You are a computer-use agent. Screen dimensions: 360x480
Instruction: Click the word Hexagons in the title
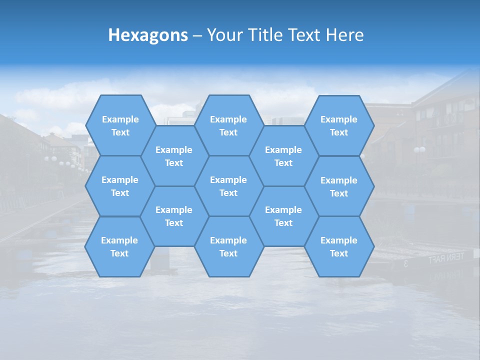click(148, 35)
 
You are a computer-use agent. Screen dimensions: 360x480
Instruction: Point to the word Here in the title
click(344, 35)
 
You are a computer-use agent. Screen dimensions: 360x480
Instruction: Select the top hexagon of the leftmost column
click(120, 125)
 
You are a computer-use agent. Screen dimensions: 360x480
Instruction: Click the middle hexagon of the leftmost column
click(120, 186)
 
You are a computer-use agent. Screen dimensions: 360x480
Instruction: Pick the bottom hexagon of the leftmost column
click(119, 246)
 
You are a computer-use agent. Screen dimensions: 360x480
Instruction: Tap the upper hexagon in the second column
click(174, 156)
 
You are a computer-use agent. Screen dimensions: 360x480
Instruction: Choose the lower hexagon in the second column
click(174, 216)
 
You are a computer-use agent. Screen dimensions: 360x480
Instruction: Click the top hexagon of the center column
click(228, 125)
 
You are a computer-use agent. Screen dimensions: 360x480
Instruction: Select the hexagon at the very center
click(228, 186)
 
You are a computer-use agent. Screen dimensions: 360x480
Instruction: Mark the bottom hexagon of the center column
click(228, 246)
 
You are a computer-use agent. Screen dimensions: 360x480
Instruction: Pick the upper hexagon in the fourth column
click(283, 156)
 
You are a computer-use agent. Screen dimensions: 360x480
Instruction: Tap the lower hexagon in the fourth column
click(283, 216)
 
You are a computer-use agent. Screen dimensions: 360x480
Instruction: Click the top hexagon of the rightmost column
click(339, 125)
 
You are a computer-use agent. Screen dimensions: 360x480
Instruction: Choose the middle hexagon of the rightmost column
click(339, 186)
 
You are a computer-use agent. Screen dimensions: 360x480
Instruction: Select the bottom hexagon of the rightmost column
click(339, 246)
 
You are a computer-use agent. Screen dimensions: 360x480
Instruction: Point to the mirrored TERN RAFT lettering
click(446, 258)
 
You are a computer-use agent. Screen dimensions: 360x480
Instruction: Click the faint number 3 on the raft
click(405, 263)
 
